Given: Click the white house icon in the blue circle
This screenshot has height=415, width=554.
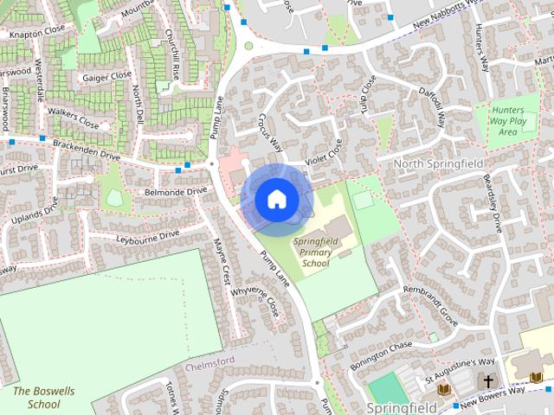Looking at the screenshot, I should click(x=276, y=199).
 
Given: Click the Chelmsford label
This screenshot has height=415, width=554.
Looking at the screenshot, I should click(x=209, y=359).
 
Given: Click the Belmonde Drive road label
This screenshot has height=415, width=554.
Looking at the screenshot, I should click(x=177, y=190).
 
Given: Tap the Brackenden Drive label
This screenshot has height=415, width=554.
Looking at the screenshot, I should click(x=86, y=149).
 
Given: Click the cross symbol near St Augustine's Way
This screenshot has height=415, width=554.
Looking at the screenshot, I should click(x=487, y=380).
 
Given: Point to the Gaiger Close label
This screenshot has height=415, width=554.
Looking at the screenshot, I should click(x=107, y=76).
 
